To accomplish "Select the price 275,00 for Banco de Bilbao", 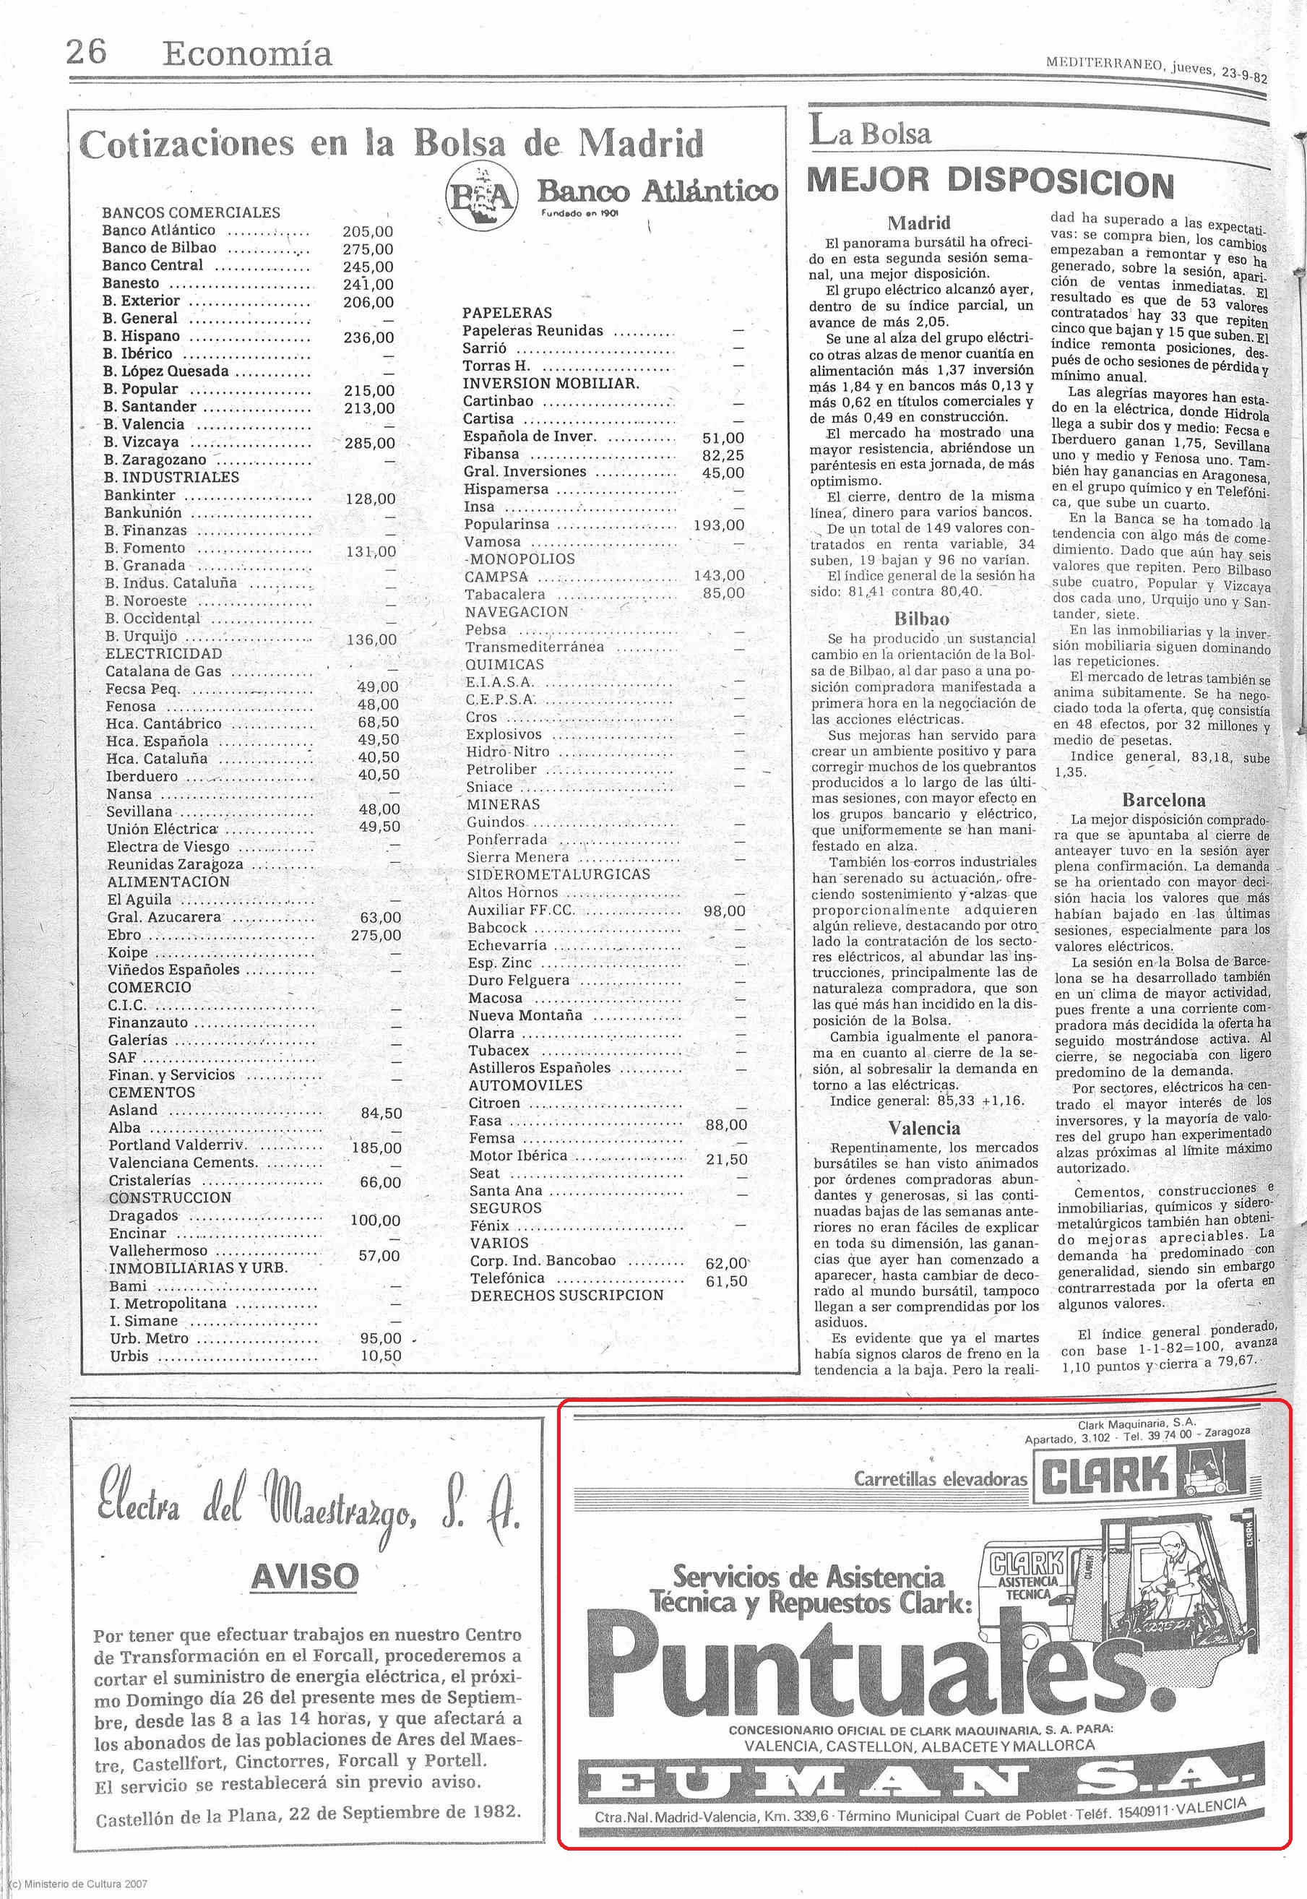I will coord(368,249).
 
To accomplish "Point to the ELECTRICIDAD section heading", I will coord(164,653).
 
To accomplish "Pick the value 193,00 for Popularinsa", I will coord(718,525).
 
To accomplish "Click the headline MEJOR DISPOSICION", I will coord(990,182).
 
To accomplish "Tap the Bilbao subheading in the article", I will coord(921,619).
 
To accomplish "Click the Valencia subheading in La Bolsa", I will coord(924,1127).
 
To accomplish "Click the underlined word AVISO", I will coord(305,1575).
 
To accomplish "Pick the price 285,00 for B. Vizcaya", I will coord(369,443).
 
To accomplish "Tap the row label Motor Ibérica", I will coord(517,1155).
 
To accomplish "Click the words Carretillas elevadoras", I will coord(940,1478).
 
